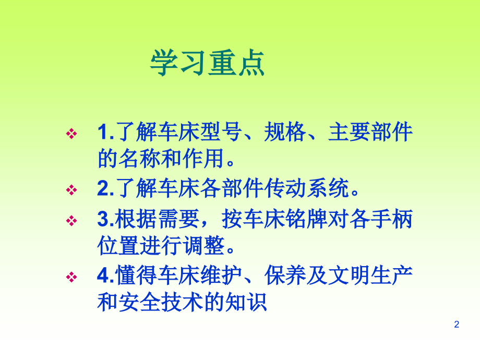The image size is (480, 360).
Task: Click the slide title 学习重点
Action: coord(208,64)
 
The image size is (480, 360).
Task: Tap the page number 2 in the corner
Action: coord(457,325)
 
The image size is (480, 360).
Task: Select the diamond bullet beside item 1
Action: coord(71,135)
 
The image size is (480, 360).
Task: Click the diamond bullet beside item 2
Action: coord(71,190)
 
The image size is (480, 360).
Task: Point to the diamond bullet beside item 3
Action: coord(71,221)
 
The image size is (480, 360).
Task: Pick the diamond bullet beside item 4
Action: coord(71,275)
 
